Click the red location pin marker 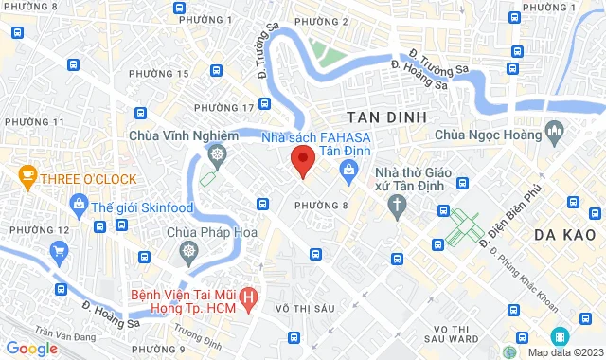pos(301,160)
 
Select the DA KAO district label pos(563,233)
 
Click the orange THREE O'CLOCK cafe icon pos(27,177)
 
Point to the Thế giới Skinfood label pos(138,203)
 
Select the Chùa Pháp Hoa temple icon pos(188,251)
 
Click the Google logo pos(31,349)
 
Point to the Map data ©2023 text pos(564,352)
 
